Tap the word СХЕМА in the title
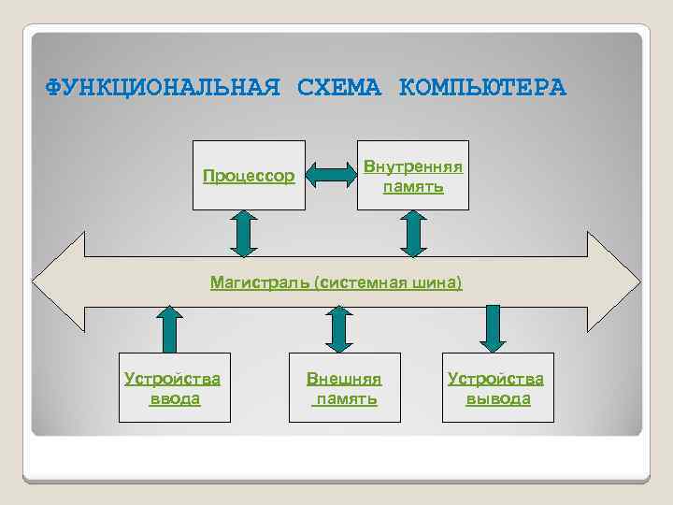tap(339, 88)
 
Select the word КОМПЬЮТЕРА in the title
tap(482, 88)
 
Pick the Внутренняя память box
tap(412, 175)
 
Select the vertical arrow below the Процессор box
tap(243, 232)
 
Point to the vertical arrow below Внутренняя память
tap(412, 232)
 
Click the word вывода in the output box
tap(498, 399)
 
